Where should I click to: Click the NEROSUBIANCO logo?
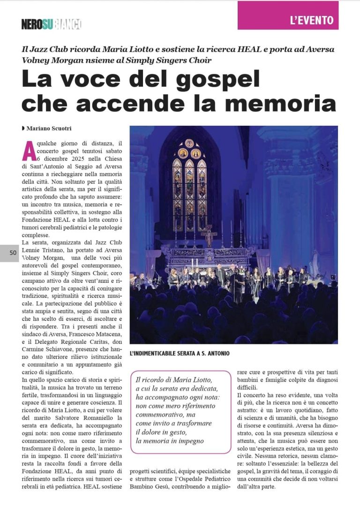52,24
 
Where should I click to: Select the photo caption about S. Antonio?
180,353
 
